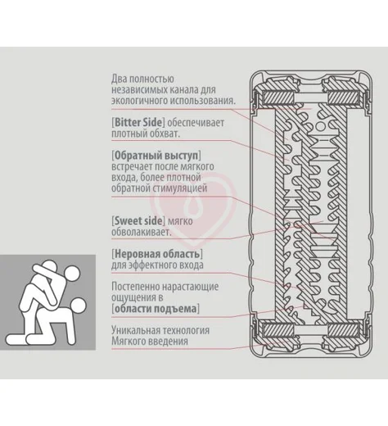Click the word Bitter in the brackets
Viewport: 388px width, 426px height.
point(129,122)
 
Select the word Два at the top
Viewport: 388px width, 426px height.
point(120,79)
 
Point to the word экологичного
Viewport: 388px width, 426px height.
point(139,101)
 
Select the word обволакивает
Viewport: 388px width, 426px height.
point(141,232)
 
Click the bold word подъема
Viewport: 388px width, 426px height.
point(178,309)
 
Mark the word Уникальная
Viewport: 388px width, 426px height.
point(135,330)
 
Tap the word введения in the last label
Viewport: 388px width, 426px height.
point(169,342)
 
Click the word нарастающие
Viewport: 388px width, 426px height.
point(190,287)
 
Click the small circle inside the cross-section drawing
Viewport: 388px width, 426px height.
point(320,126)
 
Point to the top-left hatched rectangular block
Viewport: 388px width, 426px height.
point(278,97)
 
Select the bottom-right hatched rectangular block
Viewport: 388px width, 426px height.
point(344,331)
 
